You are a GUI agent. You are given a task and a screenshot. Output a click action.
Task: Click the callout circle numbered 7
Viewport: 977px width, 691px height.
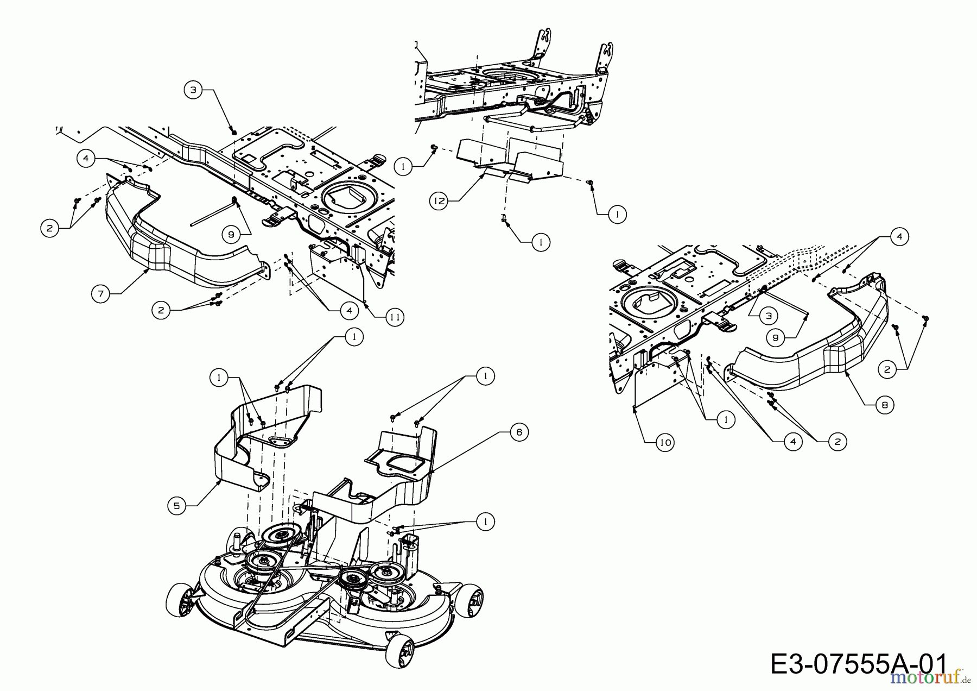click(x=101, y=294)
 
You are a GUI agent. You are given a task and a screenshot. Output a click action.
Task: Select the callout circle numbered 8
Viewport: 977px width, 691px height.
click(x=885, y=405)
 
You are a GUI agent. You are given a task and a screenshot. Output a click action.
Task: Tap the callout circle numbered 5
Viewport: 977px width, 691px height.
click(x=176, y=506)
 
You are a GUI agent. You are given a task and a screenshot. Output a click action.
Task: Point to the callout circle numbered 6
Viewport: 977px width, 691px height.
click(x=519, y=432)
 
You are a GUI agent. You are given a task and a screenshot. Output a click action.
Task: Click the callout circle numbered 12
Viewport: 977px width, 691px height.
click(x=439, y=202)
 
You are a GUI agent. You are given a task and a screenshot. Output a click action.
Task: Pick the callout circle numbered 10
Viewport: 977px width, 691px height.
click(x=665, y=443)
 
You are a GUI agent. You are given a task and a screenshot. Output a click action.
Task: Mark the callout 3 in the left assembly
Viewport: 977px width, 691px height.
click(x=193, y=90)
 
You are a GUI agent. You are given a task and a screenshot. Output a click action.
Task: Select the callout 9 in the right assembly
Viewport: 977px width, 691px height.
click(x=776, y=338)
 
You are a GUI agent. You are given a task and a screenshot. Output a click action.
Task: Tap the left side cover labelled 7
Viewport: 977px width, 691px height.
click(x=163, y=255)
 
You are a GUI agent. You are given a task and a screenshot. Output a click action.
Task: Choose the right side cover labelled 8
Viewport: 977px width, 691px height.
click(x=803, y=369)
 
